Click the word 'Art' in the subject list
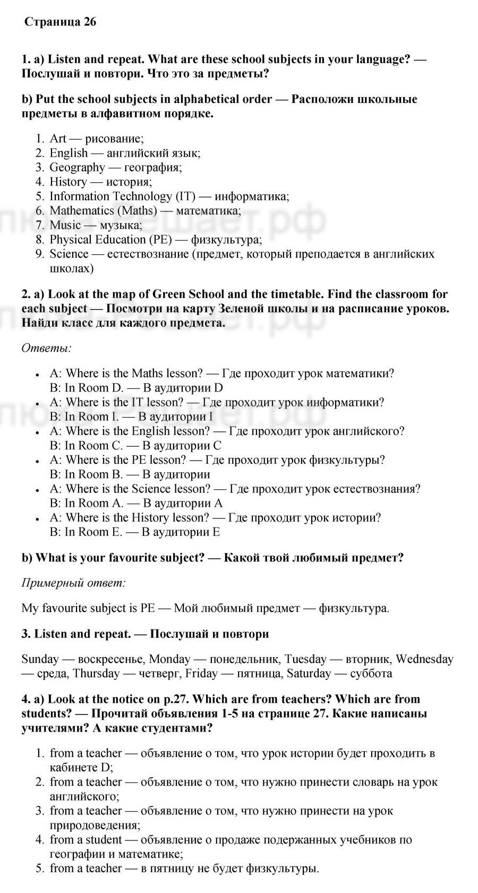click(x=58, y=139)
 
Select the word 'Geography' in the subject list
click(x=77, y=167)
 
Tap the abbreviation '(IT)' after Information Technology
click(x=186, y=196)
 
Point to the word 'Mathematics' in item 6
click(x=81, y=210)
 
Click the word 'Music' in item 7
click(x=65, y=225)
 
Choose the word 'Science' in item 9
click(x=69, y=253)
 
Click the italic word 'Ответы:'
click(x=47, y=348)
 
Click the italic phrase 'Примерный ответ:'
click(x=74, y=583)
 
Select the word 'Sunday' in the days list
click(x=40, y=659)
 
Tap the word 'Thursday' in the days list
click(x=96, y=674)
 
